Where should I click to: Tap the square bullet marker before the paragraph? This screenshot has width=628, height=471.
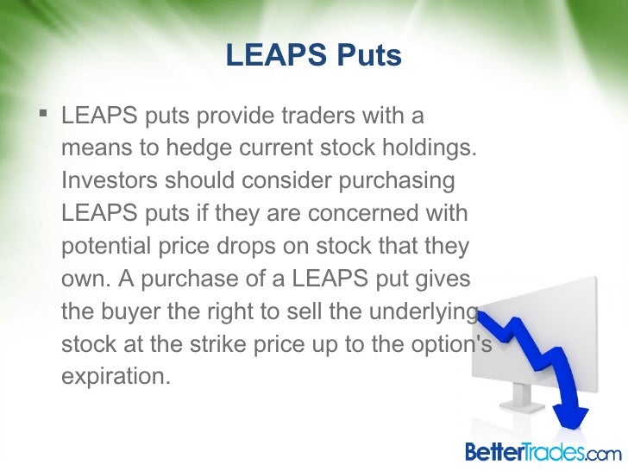coord(45,114)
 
